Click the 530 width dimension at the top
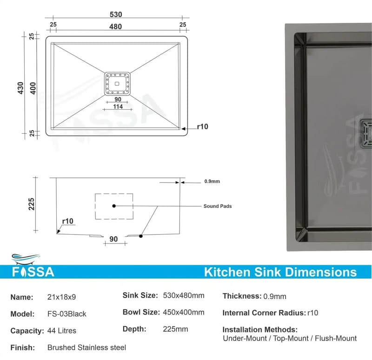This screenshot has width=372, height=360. tap(116, 14)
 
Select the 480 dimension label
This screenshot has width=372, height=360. tap(115, 26)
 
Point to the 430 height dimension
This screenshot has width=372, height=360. tap(20, 88)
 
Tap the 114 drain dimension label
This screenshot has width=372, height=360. tap(118, 106)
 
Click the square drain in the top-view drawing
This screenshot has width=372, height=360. tap(117, 84)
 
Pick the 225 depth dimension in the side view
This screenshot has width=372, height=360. tap(31, 204)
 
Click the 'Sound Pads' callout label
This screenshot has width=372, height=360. tap(218, 206)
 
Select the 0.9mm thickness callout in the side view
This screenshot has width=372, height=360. tap(212, 181)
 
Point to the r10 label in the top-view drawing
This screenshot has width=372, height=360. tap(203, 126)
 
